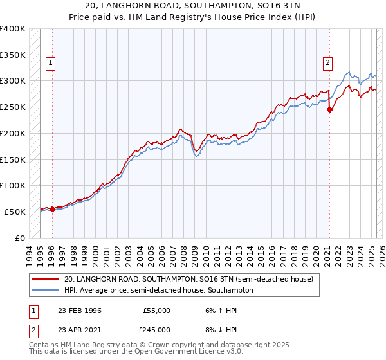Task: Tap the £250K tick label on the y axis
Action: point(12,107)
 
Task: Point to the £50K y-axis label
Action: point(14,212)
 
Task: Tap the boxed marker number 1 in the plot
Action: point(51,63)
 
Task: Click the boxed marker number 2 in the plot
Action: point(327,63)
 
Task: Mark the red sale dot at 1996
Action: point(52,209)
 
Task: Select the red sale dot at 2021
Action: point(330,109)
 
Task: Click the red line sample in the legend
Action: point(46,280)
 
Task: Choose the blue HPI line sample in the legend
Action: point(46,290)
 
